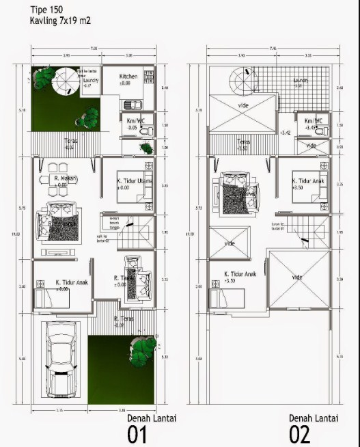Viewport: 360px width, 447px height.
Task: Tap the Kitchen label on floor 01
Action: [x=129, y=77]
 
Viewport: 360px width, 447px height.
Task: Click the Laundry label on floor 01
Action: [x=91, y=80]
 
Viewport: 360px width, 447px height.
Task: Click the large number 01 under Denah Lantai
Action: [x=138, y=433]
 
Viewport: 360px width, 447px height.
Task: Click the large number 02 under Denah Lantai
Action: [x=299, y=433]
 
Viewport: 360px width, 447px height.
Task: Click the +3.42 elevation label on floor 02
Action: [x=286, y=132]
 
